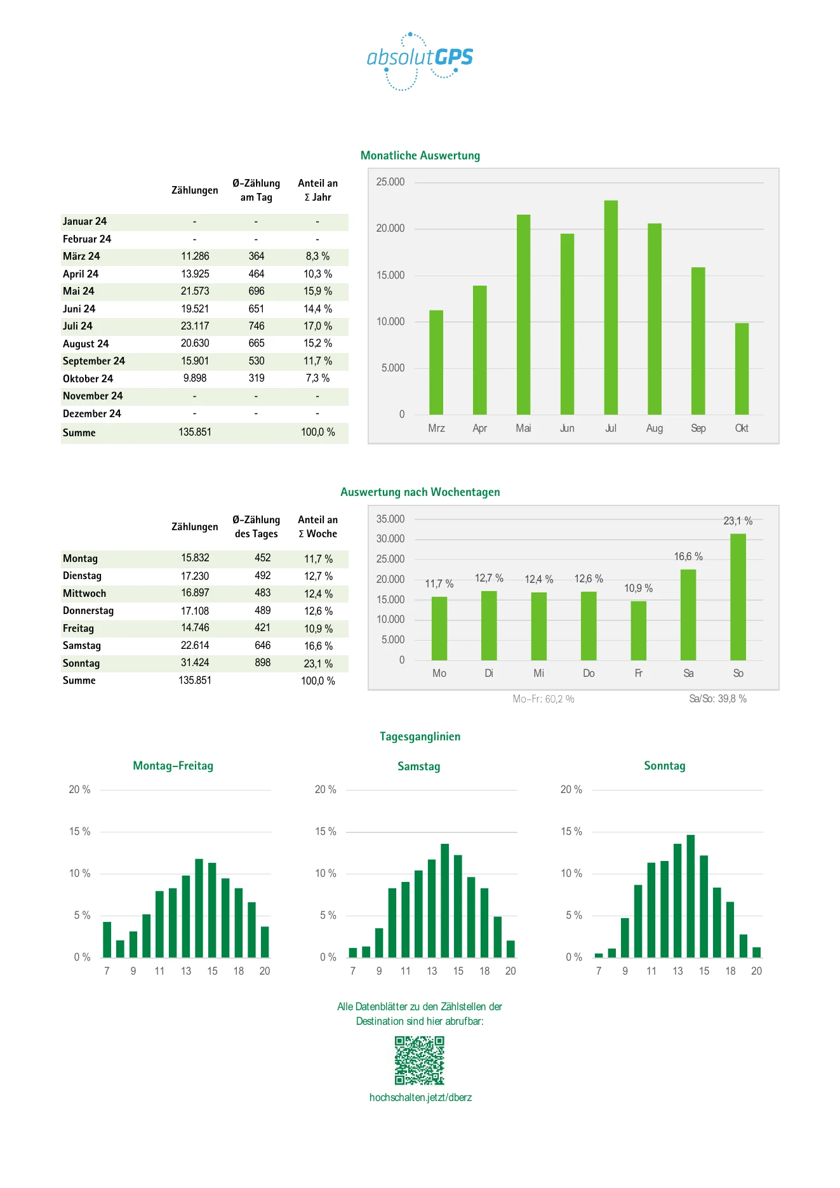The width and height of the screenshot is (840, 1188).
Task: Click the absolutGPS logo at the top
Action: pyautogui.click(x=420, y=61)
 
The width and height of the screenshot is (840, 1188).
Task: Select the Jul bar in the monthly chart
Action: pyautogui.click(x=611, y=307)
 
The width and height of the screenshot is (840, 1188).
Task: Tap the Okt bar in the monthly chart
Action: pyautogui.click(x=742, y=369)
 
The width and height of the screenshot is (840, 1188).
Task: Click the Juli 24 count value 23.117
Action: pyautogui.click(x=195, y=326)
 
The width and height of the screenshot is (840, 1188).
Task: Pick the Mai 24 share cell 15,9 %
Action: pyautogui.click(x=317, y=291)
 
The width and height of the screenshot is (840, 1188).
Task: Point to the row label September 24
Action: pyautogui.click(x=94, y=361)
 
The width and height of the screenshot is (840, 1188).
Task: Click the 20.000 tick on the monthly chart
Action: pyautogui.click(x=390, y=228)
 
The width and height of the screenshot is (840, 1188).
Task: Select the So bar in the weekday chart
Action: pyautogui.click(x=738, y=597)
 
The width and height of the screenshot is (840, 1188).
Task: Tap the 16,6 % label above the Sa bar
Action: pyautogui.click(x=688, y=556)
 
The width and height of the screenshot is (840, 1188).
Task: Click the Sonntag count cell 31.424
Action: pyautogui.click(x=195, y=662)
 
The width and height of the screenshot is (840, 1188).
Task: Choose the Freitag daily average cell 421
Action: pyautogui.click(x=263, y=627)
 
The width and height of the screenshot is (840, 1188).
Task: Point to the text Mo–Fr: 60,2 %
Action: pyautogui.click(x=543, y=699)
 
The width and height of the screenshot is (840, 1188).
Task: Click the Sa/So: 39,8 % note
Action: pyautogui.click(x=718, y=698)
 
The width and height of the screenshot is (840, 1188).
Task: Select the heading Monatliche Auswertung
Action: pyautogui.click(x=420, y=156)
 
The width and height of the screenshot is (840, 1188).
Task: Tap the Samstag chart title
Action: pyautogui.click(x=419, y=766)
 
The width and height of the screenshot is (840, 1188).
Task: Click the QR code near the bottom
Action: pyautogui.click(x=420, y=1060)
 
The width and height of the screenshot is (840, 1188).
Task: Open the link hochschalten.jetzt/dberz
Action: pyautogui.click(x=420, y=1097)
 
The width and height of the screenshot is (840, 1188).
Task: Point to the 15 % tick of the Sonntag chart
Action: pyautogui.click(x=571, y=831)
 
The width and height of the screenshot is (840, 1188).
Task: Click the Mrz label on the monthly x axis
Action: pyautogui.click(x=436, y=428)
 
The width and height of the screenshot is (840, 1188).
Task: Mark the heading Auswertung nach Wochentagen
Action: pyautogui.click(x=420, y=492)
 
